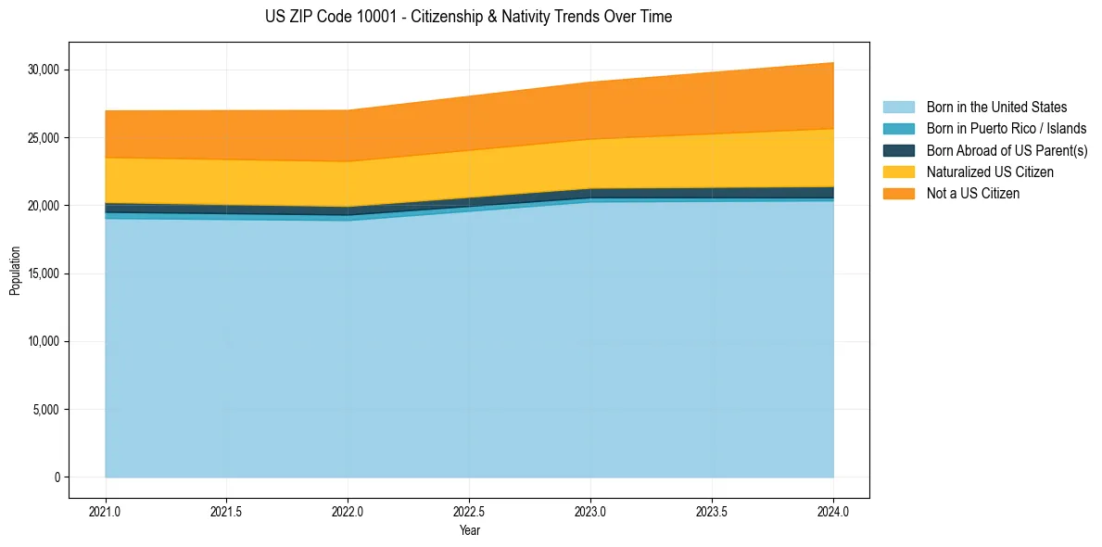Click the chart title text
pos(468,17)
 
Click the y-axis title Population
pos(15,271)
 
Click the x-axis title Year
pos(469,531)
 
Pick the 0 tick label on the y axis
pos(56,477)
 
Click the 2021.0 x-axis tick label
pos(105,511)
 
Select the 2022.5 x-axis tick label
pos(469,511)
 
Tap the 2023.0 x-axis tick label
pos(590,511)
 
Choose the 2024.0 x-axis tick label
pos(833,511)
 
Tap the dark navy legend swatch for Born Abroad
pos(898,150)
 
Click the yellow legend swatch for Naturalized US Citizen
pos(898,172)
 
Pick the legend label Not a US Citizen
pos(972,194)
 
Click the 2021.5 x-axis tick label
pos(226,511)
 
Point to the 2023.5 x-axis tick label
pos(712,511)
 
